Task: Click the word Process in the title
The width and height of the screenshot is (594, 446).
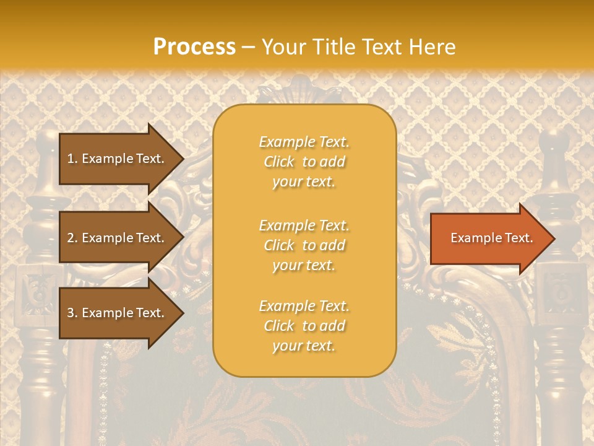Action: [x=194, y=47]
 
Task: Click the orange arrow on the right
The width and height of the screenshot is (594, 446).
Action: [x=489, y=238]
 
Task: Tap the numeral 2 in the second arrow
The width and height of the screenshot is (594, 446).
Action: [x=70, y=238]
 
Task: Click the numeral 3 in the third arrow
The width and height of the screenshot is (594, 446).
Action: [x=70, y=313]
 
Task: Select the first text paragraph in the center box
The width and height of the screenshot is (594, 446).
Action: [x=304, y=162]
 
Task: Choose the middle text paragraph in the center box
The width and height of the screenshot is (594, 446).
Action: [x=304, y=245]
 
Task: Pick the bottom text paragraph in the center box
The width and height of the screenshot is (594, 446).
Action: [x=304, y=326]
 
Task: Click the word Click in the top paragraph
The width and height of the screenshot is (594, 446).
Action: [x=279, y=162]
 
